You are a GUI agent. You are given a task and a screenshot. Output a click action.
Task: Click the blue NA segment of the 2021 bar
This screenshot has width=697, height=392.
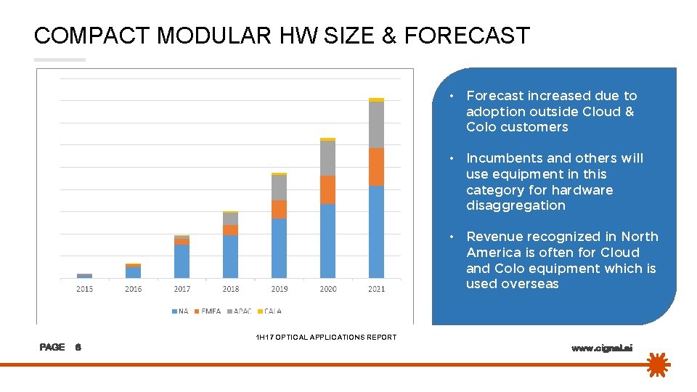376,232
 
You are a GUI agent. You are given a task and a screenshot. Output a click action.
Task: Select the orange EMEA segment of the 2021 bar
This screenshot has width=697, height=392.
376,167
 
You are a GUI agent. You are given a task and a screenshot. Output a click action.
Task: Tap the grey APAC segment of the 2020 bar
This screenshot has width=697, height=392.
327,158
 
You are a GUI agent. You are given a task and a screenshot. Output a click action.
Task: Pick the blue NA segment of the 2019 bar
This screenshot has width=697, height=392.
279,248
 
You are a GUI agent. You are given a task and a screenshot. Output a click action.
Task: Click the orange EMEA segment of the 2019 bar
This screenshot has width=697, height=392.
279,209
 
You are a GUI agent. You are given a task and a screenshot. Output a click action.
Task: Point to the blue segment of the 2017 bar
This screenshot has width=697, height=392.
182,261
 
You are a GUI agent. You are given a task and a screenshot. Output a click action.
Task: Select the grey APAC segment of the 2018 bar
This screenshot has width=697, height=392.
230,219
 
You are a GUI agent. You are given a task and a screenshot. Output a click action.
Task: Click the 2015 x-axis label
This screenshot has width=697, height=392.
84,289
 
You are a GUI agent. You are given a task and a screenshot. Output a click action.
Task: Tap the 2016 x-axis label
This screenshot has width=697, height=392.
133,289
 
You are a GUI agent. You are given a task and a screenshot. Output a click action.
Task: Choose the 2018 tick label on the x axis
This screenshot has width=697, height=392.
230,289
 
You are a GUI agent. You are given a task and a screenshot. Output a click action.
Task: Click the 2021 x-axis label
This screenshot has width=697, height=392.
376,289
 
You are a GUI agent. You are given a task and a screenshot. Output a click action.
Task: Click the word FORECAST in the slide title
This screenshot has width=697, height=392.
467,36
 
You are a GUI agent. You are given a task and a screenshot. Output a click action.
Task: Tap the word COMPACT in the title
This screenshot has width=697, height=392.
90,36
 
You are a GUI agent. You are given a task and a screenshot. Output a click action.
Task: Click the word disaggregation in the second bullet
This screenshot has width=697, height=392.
515,205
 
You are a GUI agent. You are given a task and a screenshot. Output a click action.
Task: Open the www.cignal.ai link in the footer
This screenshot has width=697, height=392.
602,348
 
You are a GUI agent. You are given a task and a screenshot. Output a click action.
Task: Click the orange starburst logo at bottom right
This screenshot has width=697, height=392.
659,364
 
